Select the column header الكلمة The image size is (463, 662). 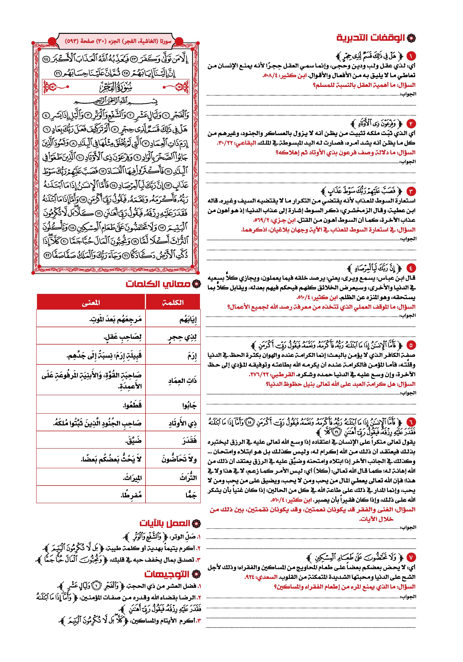coord(173,302)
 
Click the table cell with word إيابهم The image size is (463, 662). coord(173,320)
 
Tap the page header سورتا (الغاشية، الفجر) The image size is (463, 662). coord(118,41)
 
